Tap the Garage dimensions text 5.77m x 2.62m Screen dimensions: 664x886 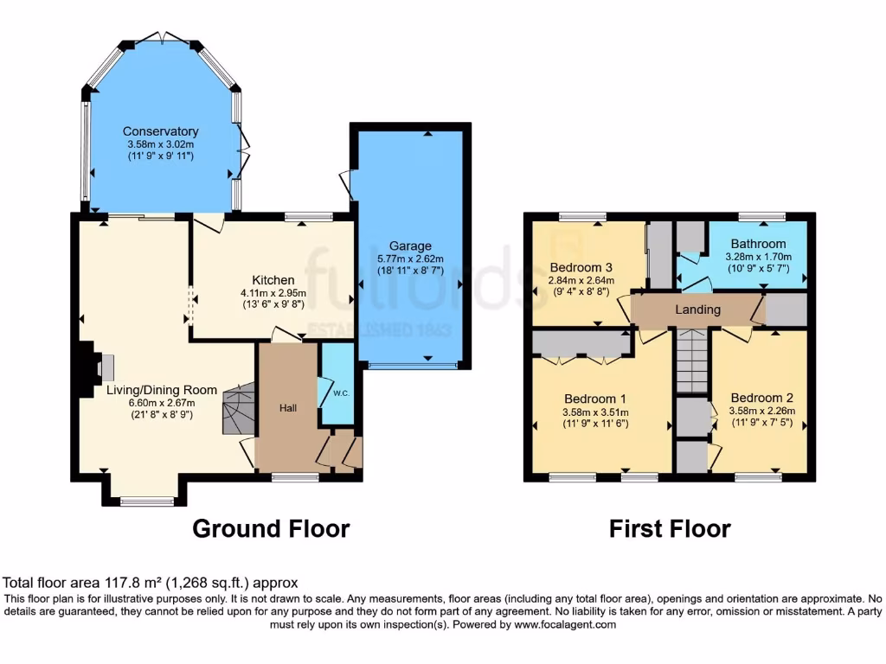tap(410, 259)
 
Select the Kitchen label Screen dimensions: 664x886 tap(273, 280)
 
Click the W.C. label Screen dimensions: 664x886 tap(338, 393)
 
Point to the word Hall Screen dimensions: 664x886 tap(288, 407)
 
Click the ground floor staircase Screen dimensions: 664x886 tap(238, 412)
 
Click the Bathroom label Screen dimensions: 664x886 tap(758, 244)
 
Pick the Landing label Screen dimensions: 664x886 tap(697, 310)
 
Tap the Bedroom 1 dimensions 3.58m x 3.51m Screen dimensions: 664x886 tap(595, 412)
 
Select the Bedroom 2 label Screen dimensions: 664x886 tap(761, 399)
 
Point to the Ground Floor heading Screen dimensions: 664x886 tap(270, 528)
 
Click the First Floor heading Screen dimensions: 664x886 tap(670, 528)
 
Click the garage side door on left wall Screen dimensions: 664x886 tap(347, 182)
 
